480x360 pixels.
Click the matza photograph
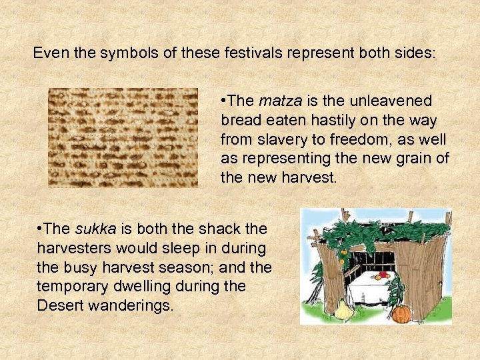(x=123, y=137)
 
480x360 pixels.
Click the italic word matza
(x=279, y=101)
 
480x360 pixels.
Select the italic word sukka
(x=95, y=229)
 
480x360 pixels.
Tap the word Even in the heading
(x=49, y=53)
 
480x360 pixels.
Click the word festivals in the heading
(x=248, y=53)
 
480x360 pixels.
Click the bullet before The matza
(x=223, y=101)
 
